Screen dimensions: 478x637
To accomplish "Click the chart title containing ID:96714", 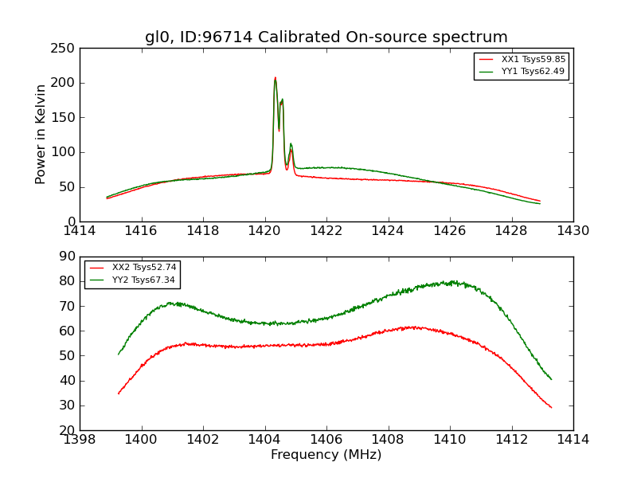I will point(326,37).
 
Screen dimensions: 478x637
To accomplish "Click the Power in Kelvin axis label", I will point(41,135).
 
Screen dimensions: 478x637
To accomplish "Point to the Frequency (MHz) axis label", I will point(326,455).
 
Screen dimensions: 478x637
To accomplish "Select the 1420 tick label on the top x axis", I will point(264,231).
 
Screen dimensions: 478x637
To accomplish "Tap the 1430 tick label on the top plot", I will point(573,231).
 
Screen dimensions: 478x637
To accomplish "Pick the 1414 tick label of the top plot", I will point(80,231).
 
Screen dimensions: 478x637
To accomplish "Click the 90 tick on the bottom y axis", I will point(68,257).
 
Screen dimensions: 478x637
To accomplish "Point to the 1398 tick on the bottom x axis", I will point(80,439).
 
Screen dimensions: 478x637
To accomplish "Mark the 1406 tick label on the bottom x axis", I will point(326,439).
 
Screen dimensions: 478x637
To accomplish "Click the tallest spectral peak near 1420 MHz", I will point(276,78).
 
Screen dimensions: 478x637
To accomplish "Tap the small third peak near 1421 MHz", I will point(291,145).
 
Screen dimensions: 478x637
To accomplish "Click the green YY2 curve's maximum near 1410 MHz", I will point(452,281).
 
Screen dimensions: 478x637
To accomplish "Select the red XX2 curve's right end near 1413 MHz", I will point(551,407).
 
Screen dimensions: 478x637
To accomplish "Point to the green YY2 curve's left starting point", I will point(119,354).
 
